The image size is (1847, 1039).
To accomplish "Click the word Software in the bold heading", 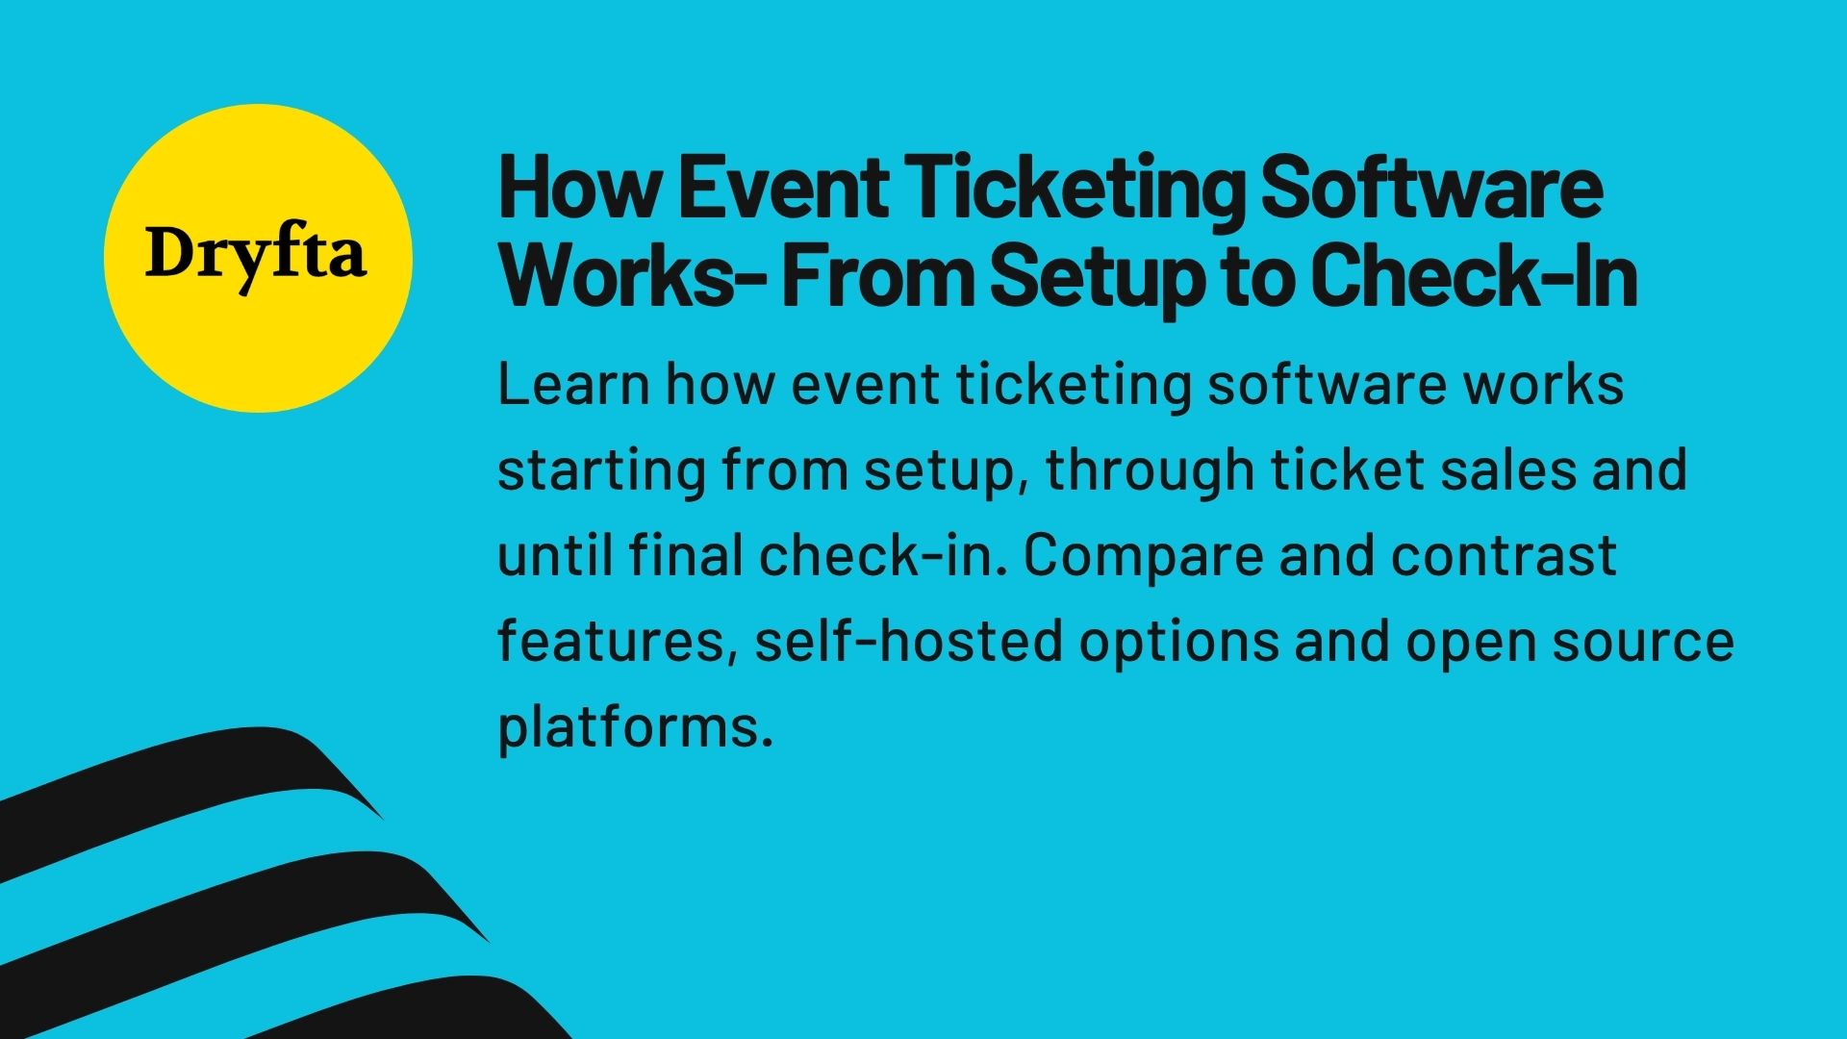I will point(1430,189).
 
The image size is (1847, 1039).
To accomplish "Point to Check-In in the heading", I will point(1473,276).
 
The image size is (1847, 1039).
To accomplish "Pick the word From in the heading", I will point(877,276).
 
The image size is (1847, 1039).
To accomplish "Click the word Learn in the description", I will point(573,385).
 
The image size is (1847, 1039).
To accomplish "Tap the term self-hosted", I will point(907,641).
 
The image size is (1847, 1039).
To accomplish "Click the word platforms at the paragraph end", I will point(635,728).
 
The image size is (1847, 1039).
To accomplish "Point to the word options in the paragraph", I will point(1178,643).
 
